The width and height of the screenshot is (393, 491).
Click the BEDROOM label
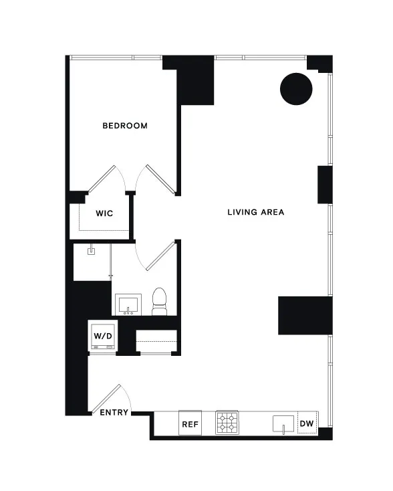(124, 126)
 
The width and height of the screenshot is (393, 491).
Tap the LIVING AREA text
(255, 213)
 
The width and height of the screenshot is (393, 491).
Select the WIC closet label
(104, 213)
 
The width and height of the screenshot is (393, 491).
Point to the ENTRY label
(114, 413)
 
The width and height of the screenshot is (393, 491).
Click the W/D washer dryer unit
(102, 336)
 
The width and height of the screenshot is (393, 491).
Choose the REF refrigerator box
(190, 423)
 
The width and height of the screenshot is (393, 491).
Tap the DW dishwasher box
(306, 423)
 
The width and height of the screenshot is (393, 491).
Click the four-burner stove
(226, 423)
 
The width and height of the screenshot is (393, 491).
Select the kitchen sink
(283, 424)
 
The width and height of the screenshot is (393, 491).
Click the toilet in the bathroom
(160, 302)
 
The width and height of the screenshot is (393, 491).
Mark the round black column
(295, 88)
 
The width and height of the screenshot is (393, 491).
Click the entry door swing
(108, 401)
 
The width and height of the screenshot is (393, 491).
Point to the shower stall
(92, 262)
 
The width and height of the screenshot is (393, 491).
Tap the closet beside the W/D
(156, 342)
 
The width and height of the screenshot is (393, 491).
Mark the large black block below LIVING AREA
(305, 316)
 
